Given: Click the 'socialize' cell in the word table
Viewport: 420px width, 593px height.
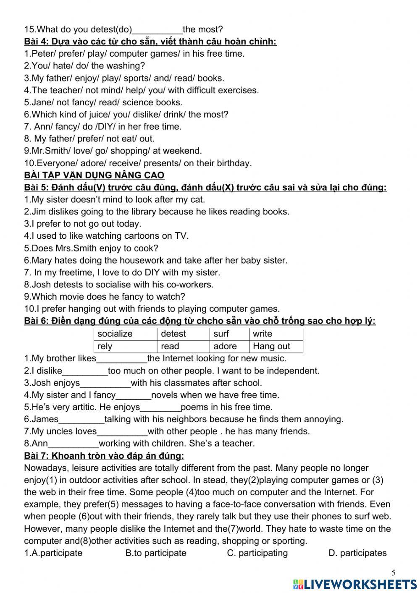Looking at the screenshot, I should point(125,334).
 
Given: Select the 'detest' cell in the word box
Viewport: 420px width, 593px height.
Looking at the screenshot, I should point(183,334).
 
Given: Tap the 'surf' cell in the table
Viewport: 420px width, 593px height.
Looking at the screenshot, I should point(229,334).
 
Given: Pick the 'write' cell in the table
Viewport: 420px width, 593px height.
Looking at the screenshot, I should point(276,334).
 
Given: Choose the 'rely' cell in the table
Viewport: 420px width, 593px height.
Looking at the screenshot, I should point(125,346).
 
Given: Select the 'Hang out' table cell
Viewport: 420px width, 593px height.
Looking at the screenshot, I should point(276,346).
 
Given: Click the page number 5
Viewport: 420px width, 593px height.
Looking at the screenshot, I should point(393,573).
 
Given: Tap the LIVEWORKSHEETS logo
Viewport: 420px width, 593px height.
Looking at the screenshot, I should point(354,584).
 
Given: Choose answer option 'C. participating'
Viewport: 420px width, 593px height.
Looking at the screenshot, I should point(257,553).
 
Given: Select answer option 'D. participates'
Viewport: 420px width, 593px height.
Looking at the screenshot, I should point(357,553).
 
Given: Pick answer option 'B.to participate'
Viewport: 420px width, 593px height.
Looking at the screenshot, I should point(156,553).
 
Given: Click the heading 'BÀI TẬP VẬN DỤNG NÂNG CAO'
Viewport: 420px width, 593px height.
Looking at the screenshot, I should point(94,175).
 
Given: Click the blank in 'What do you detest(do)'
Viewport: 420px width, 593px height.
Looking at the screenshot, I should point(157,30).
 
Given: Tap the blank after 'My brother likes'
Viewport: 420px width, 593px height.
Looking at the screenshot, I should point(122,359).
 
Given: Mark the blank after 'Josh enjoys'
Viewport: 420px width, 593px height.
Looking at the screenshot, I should point(105,384).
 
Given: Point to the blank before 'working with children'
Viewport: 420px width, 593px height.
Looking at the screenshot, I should point(73,444).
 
